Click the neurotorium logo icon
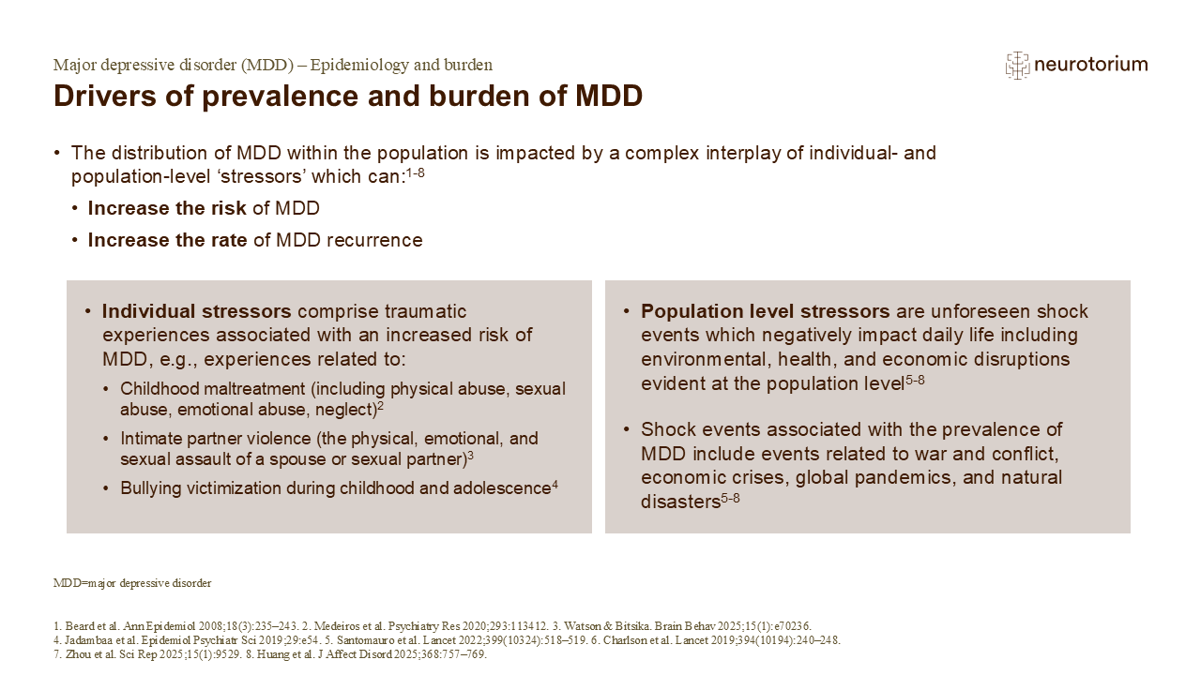[1017, 65]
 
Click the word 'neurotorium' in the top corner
[1090, 65]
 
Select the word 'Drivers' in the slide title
[95, 97]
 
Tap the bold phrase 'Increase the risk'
[167, 208]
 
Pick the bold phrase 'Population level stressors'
[766, 311]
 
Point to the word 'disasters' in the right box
[680, 502]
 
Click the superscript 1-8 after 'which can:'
[415, 172]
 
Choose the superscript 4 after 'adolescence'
[555, 485]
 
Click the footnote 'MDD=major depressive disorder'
[132, 583]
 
